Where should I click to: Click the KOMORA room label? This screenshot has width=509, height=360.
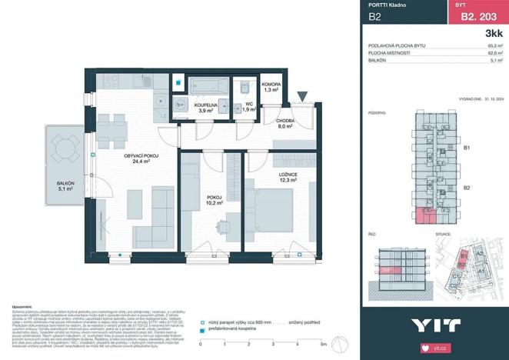click(271, 86)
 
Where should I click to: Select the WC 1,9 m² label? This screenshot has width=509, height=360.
click(248, 107)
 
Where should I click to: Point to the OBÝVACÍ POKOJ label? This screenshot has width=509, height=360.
click(141, 158)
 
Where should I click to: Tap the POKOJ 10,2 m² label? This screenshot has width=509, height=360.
click(214, 199)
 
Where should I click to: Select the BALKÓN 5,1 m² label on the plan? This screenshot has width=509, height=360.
click(64, 185)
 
